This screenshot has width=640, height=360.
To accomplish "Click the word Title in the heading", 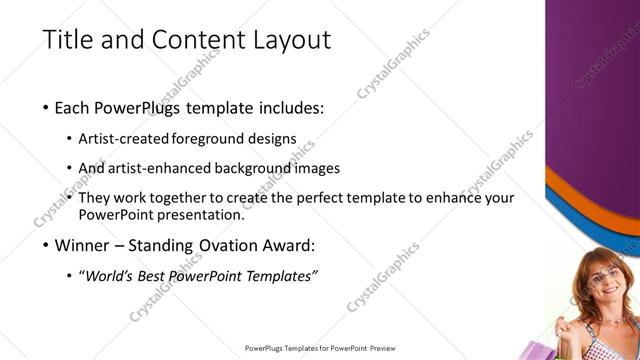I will (x=66, y=40).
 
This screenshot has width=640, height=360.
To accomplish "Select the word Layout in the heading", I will (x=290, y=40).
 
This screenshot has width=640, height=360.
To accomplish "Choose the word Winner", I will (x=81, y=245).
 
